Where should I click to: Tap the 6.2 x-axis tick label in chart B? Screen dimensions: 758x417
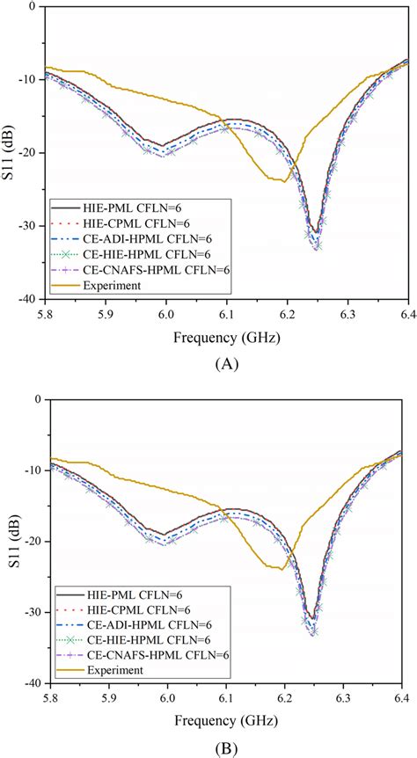(286, 696)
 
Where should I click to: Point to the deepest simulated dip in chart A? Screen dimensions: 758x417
(317, 247)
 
